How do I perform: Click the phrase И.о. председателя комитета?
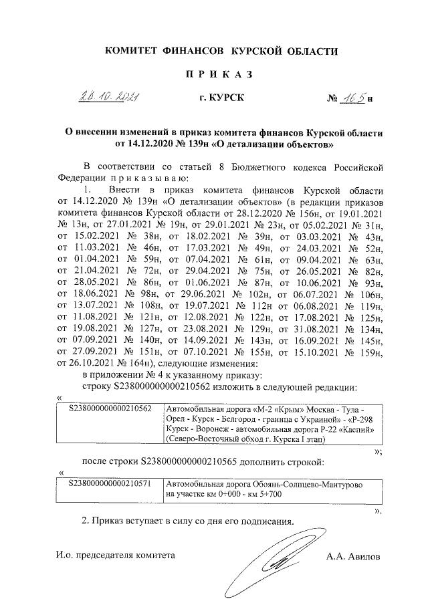pos(115,555)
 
